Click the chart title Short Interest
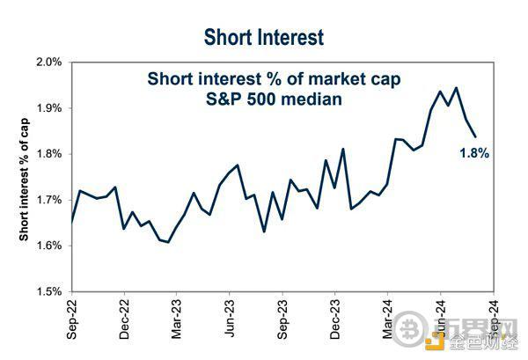coord(263,37)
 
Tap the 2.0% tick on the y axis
coord(48,62)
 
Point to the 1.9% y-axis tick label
coord(48,108)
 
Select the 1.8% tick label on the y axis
coord(48,154)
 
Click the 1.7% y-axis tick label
coord(48,200)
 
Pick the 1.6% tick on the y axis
coord(48,246)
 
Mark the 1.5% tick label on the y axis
coord(48,291)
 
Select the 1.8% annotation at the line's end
coord(473,152)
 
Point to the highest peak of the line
coord(455,87)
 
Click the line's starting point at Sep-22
coord(71,222)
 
